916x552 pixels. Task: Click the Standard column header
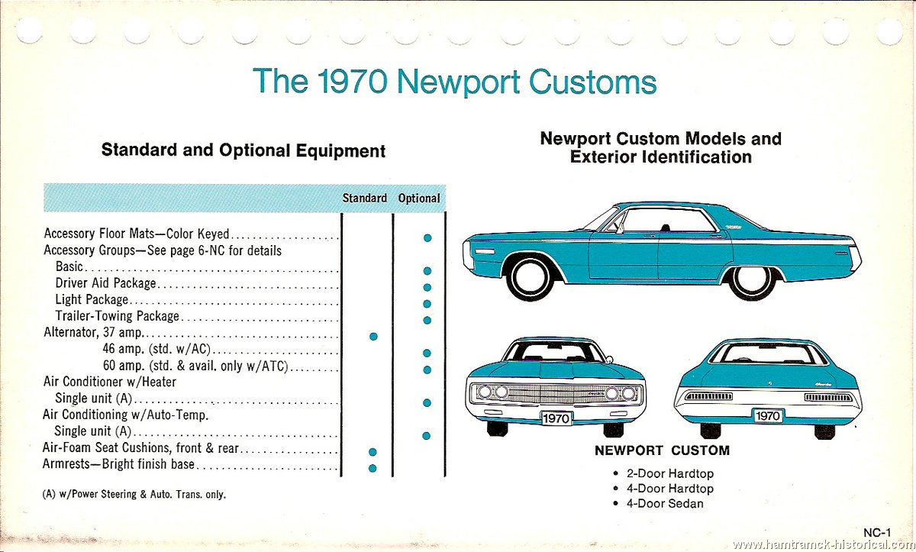[x=364, y=199]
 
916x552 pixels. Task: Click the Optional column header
[x=419, y=199]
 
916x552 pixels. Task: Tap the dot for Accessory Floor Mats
[x=427, y=237]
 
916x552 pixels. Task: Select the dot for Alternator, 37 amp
[x=373, y=337]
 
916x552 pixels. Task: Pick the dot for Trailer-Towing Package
[x=427, y=320]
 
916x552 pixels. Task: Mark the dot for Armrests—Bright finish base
[x=373, y=468]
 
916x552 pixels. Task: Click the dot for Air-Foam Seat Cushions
[x=373, y=452]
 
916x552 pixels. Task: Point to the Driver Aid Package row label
[x=106, y=283]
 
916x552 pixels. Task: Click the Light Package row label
[x=92, y=300]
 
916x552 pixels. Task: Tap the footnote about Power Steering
[x=134, y=494]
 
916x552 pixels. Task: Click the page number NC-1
[x=877, y=533]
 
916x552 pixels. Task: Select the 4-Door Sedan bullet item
[x=659, y=503]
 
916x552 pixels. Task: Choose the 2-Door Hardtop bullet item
[x=663, y=473]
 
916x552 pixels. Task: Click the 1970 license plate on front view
[x=556, y=418]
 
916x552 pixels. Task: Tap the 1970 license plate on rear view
[x=768, y=416]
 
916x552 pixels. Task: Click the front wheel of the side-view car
[x=531, y=277]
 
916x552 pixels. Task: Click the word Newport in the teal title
[x=459, y=82]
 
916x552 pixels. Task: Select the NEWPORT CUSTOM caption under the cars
[x=662, y=450]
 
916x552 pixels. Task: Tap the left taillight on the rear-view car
[x=708, y=396]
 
